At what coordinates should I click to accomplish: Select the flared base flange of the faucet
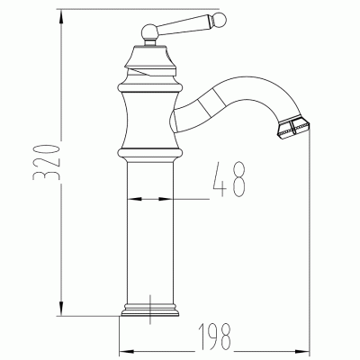[149, 312]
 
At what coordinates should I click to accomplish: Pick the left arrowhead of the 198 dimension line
[127, 349]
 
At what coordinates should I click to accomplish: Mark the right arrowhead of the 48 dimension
[169, 198]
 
